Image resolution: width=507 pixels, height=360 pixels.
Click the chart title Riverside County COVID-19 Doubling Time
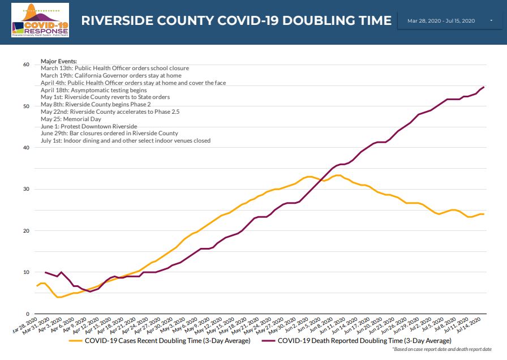236,21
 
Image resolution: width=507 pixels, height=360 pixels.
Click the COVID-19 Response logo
40,20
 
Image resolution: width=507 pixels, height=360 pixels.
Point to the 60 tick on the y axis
25,65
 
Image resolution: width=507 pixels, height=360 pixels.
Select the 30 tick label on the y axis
25,189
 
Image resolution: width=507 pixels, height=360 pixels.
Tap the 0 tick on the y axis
27,314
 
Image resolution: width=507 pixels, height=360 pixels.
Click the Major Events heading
59,61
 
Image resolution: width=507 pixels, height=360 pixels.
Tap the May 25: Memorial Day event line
71,119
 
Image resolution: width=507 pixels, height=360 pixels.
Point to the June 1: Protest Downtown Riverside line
89,126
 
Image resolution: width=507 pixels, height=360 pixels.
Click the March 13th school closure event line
115,68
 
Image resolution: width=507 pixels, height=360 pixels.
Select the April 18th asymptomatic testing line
94,90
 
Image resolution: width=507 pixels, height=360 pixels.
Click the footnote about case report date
442,350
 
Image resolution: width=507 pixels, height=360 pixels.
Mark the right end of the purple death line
484,87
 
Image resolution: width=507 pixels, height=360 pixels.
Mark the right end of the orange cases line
484,214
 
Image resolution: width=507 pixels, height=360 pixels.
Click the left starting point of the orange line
37,286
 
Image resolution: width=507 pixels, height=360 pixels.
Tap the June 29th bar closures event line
109,134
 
